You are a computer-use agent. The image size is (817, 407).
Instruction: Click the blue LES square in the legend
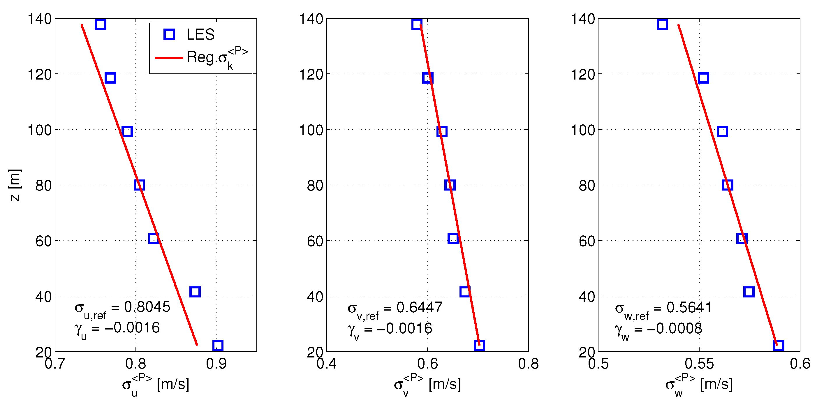click(x=169, y=34)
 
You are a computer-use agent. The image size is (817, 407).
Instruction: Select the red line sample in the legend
click(x=169, y=58)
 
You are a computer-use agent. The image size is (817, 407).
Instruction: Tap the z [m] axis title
click(x=15, y=185)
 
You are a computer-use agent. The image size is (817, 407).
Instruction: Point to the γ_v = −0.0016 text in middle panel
click(x=390, y=330)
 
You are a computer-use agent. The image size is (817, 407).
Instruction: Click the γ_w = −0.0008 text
click(x=658, y=330)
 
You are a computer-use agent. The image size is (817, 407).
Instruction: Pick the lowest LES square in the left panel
click(x=218, y=345)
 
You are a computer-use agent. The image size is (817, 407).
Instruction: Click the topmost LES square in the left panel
click(x=101, y=24)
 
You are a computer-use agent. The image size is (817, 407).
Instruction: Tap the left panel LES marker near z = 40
click(x=195, y=292)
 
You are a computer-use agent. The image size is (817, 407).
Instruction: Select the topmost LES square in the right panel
click(x=662, y=24)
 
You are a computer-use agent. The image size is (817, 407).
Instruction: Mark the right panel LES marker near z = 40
click(x=749, y=292)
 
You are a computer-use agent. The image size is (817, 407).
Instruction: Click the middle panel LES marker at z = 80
click(x=450, y=185)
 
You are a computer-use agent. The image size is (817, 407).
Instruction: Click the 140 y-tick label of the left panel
click(x=40, y=19)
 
